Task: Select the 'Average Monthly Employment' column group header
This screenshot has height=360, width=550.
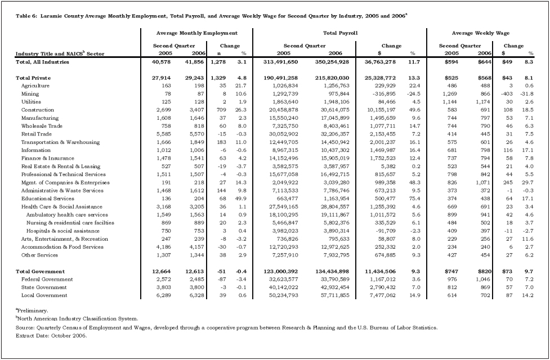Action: pos(196,34)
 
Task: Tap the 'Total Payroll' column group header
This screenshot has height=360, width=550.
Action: pos(340,34)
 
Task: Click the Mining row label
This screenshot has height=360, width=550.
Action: pos(30,94)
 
